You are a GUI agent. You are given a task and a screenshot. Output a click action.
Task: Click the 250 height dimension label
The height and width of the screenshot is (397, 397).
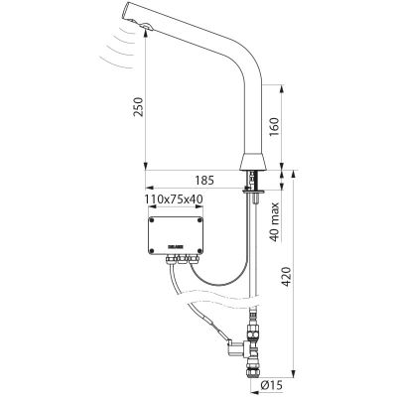138,106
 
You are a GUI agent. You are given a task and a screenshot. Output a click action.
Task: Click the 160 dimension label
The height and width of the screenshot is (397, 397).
274,127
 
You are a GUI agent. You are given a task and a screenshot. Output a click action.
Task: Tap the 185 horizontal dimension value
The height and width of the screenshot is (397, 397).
204,181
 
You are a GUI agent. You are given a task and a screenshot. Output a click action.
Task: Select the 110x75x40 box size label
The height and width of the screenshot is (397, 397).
174,199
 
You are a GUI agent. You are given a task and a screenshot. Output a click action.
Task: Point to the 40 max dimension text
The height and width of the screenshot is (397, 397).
275,222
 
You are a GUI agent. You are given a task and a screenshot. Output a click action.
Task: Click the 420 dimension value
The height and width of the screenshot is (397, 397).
285,276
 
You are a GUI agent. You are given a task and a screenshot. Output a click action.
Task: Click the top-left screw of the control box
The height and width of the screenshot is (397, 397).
151,219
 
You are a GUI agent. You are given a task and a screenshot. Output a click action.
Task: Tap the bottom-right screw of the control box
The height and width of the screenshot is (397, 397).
199,250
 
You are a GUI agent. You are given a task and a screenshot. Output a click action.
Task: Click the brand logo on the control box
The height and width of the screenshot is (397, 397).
175,247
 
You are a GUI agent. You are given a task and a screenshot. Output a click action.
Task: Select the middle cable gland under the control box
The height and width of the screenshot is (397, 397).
182,259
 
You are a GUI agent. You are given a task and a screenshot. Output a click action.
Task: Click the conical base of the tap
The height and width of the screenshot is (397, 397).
252,162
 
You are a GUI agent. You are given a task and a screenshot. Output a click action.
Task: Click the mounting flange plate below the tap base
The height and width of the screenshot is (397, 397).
253,191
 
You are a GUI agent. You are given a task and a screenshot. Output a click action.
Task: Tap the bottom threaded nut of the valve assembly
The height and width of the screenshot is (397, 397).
253,371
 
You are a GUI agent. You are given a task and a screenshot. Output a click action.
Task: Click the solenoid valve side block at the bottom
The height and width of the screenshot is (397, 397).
235,349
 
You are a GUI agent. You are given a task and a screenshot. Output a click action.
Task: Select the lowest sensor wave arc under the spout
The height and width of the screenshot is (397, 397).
115,64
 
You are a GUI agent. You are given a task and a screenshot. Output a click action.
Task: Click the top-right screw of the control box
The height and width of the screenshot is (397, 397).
199,219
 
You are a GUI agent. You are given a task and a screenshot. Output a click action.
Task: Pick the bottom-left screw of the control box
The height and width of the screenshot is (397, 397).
151,250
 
